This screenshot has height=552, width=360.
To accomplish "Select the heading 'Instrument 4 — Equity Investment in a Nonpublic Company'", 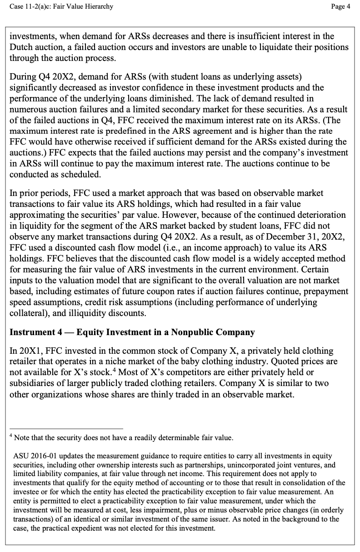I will click(132, 332).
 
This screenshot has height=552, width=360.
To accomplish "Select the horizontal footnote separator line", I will click(66, 428).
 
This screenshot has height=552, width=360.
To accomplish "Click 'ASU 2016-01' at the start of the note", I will click(34, 456).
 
